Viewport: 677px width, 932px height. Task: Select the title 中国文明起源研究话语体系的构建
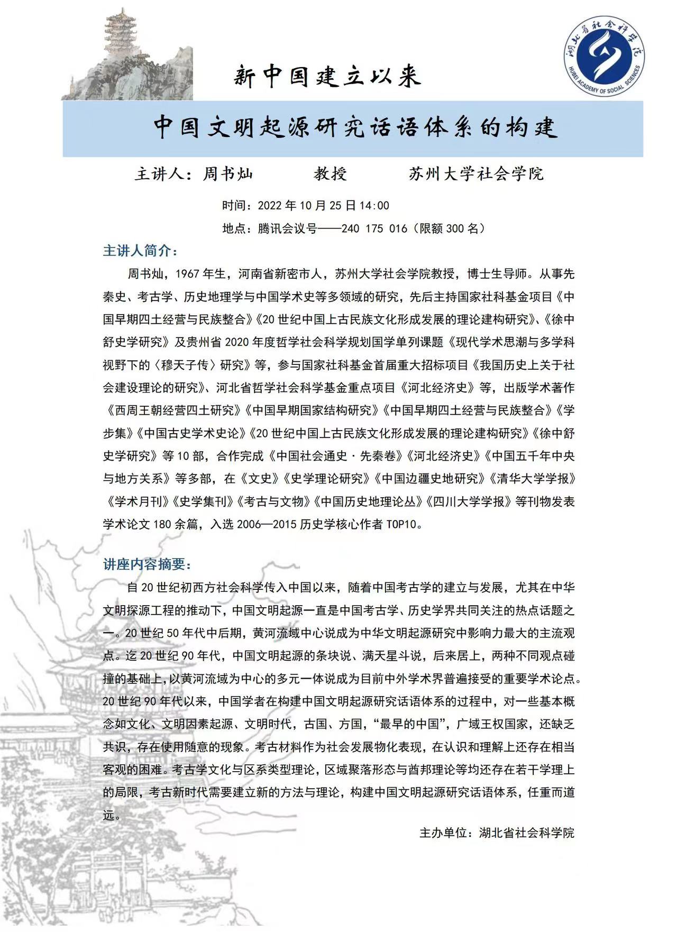click(355, 127)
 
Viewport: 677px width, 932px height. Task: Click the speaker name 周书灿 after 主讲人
click(228, 173)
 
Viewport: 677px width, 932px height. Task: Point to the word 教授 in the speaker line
click(330, 173)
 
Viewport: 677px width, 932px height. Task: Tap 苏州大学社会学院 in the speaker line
click(476, 173)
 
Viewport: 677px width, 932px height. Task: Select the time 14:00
click(374, 205)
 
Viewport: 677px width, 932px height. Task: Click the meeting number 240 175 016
click(374, 229)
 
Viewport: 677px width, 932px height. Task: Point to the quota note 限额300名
click(449, 229)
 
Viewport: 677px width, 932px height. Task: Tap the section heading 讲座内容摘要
click(147, 564)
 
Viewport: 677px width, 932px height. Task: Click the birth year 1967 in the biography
click(187, 274)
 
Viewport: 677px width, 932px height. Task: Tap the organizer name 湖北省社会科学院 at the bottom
click(526, 833)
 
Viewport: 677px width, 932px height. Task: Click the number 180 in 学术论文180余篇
click(162, 524)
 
